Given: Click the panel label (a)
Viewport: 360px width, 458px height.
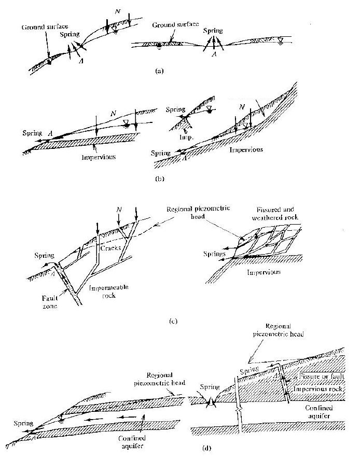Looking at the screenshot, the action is (159, 71).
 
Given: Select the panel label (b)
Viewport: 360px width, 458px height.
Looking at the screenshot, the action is (159, 178).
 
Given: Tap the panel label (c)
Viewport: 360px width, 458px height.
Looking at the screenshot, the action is (173, 321).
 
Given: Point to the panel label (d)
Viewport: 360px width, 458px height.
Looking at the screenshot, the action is (206, 448).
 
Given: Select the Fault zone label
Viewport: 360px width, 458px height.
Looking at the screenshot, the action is (50, 302).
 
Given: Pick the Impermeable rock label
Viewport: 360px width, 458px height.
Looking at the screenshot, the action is (108, 291).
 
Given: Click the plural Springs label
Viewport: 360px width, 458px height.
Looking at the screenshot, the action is (214, 254).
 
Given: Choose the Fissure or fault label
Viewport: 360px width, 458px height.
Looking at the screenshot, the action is (322, 376).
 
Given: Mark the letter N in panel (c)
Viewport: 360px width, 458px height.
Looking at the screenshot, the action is (119, 210).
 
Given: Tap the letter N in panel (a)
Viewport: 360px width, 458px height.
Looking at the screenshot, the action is (117, 11).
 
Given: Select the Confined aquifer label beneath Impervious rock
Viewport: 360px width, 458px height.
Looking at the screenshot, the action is (319, 412).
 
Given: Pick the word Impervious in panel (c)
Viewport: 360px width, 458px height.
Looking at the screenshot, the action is (264, 272).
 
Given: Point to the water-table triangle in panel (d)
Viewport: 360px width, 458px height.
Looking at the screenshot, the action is (61, 418).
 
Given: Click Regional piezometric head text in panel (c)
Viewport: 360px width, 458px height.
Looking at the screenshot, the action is (198, 212).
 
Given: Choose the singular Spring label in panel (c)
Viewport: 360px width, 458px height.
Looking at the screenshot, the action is (45, 256).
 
